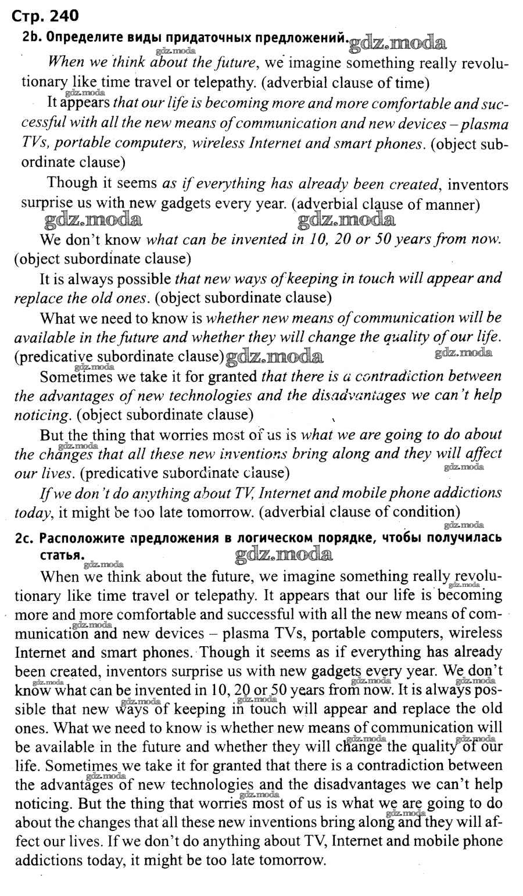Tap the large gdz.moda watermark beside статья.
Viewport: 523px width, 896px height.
coord(285,555)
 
